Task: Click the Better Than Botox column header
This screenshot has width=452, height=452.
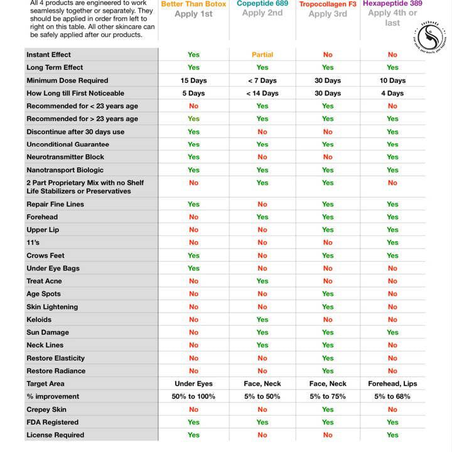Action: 193,4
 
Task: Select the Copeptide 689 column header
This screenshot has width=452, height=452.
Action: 262,4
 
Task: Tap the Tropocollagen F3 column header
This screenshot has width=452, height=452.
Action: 328,4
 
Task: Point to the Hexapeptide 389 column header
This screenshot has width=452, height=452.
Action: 392,4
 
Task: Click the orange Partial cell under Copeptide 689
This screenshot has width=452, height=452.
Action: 262,55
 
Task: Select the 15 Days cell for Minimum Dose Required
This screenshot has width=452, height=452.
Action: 193,80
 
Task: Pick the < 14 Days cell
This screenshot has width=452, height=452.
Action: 262,93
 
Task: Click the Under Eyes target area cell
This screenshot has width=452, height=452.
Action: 193,384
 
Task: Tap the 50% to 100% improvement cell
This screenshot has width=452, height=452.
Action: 193,396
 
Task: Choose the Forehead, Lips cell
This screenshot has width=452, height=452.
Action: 392,384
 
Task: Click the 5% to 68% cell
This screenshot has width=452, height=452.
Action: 392,396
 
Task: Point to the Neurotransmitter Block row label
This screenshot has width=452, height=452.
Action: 65,157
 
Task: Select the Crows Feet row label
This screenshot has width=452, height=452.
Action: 45,256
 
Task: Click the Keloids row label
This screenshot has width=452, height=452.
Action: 39,320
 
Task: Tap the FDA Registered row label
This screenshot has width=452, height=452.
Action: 52,422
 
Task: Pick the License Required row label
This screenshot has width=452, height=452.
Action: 55,434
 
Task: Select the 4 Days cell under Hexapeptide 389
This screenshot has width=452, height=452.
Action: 392,93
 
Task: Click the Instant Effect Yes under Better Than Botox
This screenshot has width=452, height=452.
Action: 193,55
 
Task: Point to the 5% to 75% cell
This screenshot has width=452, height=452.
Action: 328,396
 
